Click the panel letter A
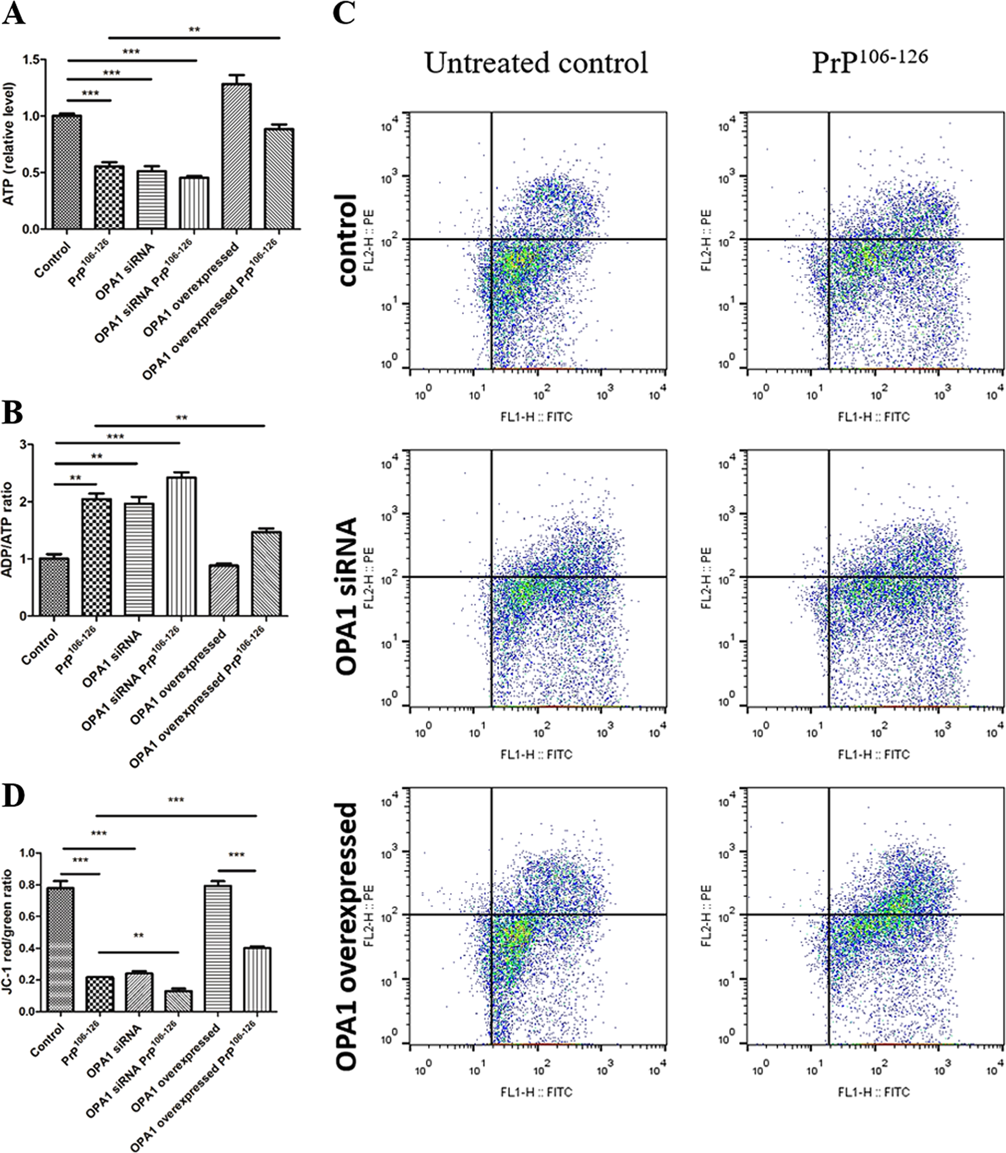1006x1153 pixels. [x=13, y=13]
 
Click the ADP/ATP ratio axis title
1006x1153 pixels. [x=8, y=530]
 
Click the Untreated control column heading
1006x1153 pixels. [x=536, y=63]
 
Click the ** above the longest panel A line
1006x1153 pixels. [x=194, y=30]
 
